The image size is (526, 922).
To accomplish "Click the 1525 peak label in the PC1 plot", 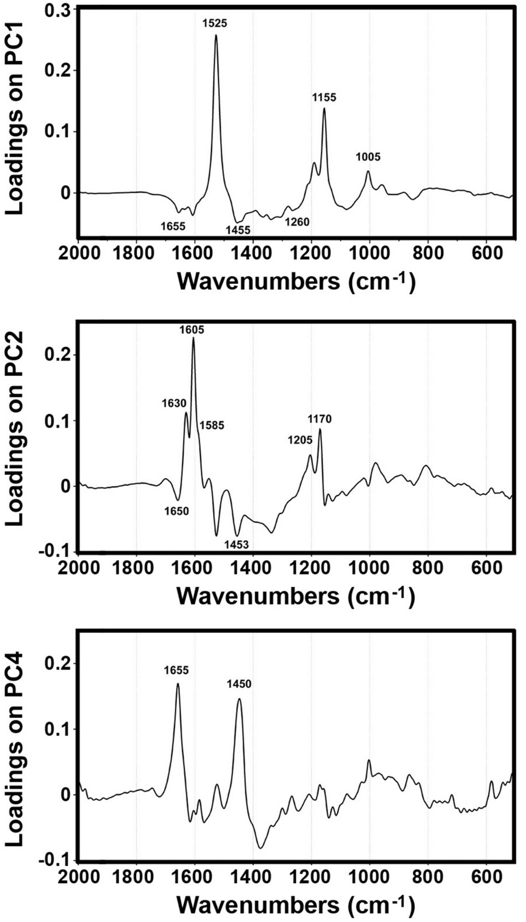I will click(x=214, y=24).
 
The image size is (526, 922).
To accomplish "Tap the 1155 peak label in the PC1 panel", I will click(x=324, y=98).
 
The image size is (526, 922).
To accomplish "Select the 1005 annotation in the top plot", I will click(x=368, y=157).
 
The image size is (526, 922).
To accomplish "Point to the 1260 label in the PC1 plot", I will click(x=297, y=222).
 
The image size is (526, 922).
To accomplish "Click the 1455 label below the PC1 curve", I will click(x=238, y=230).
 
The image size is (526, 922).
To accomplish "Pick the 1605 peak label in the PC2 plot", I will click(x=192, y=329).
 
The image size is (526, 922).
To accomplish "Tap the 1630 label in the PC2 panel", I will click(x=174, y=403).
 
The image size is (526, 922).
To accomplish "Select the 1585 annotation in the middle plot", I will click(x=212, y=425).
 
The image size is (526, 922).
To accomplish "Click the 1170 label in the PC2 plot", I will click(x=320, y=419).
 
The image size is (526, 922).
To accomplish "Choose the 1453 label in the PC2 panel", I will click(x=237, y=544).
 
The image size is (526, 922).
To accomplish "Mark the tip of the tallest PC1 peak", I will click(x=216, y=35).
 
